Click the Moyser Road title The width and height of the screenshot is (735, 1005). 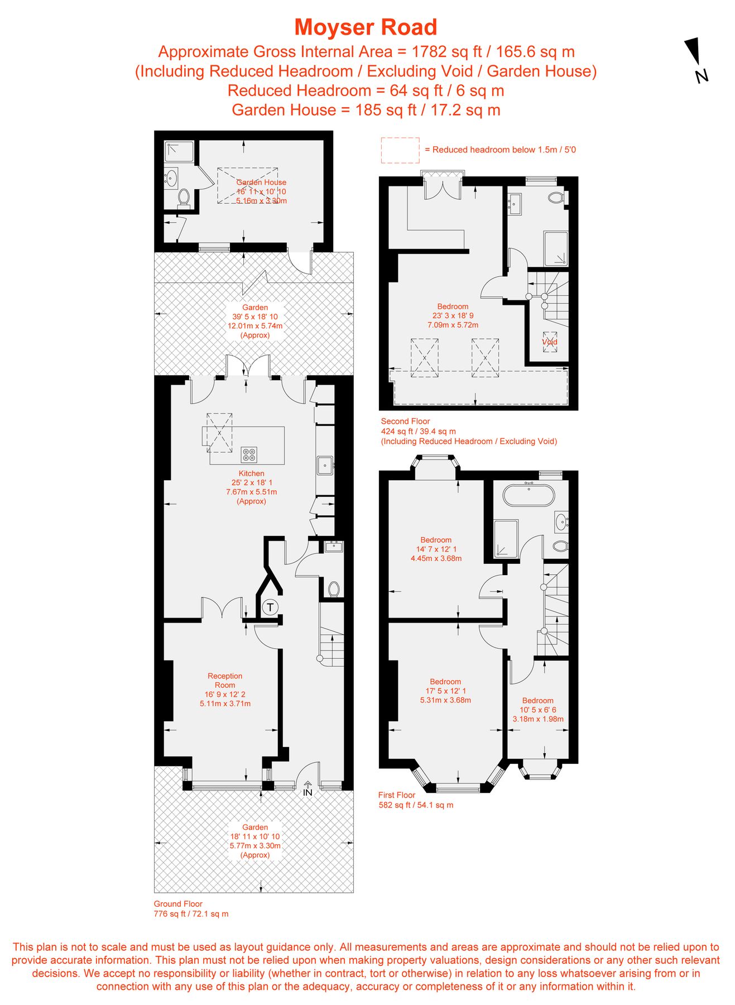click(x=366, y=27)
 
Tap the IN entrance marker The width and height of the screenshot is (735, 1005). click(x=308, y=789)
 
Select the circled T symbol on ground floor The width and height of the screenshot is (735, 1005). click(x=270, y=607)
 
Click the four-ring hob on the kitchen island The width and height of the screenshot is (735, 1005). click(x=249, y=454)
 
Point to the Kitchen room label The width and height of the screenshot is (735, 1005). click(x=251, y=473)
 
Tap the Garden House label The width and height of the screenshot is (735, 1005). click(x=261, y=182)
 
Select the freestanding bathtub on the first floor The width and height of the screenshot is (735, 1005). click(x=529, y=495)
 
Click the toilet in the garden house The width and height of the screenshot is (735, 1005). click(x=184, y=197)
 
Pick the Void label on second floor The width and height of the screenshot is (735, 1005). click(x=550, y=342)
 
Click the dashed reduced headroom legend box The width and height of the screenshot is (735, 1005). click(x=400, y=150)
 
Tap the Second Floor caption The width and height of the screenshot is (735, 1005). click(x=405, y=422)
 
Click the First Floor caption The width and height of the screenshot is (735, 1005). click(x=397, y=795)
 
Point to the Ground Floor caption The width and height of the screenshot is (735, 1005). click(x=178, y=904)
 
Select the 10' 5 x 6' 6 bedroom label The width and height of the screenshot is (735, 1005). click(x=538, y=710)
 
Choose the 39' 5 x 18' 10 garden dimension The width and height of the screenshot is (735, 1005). click(x=255, y=317)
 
